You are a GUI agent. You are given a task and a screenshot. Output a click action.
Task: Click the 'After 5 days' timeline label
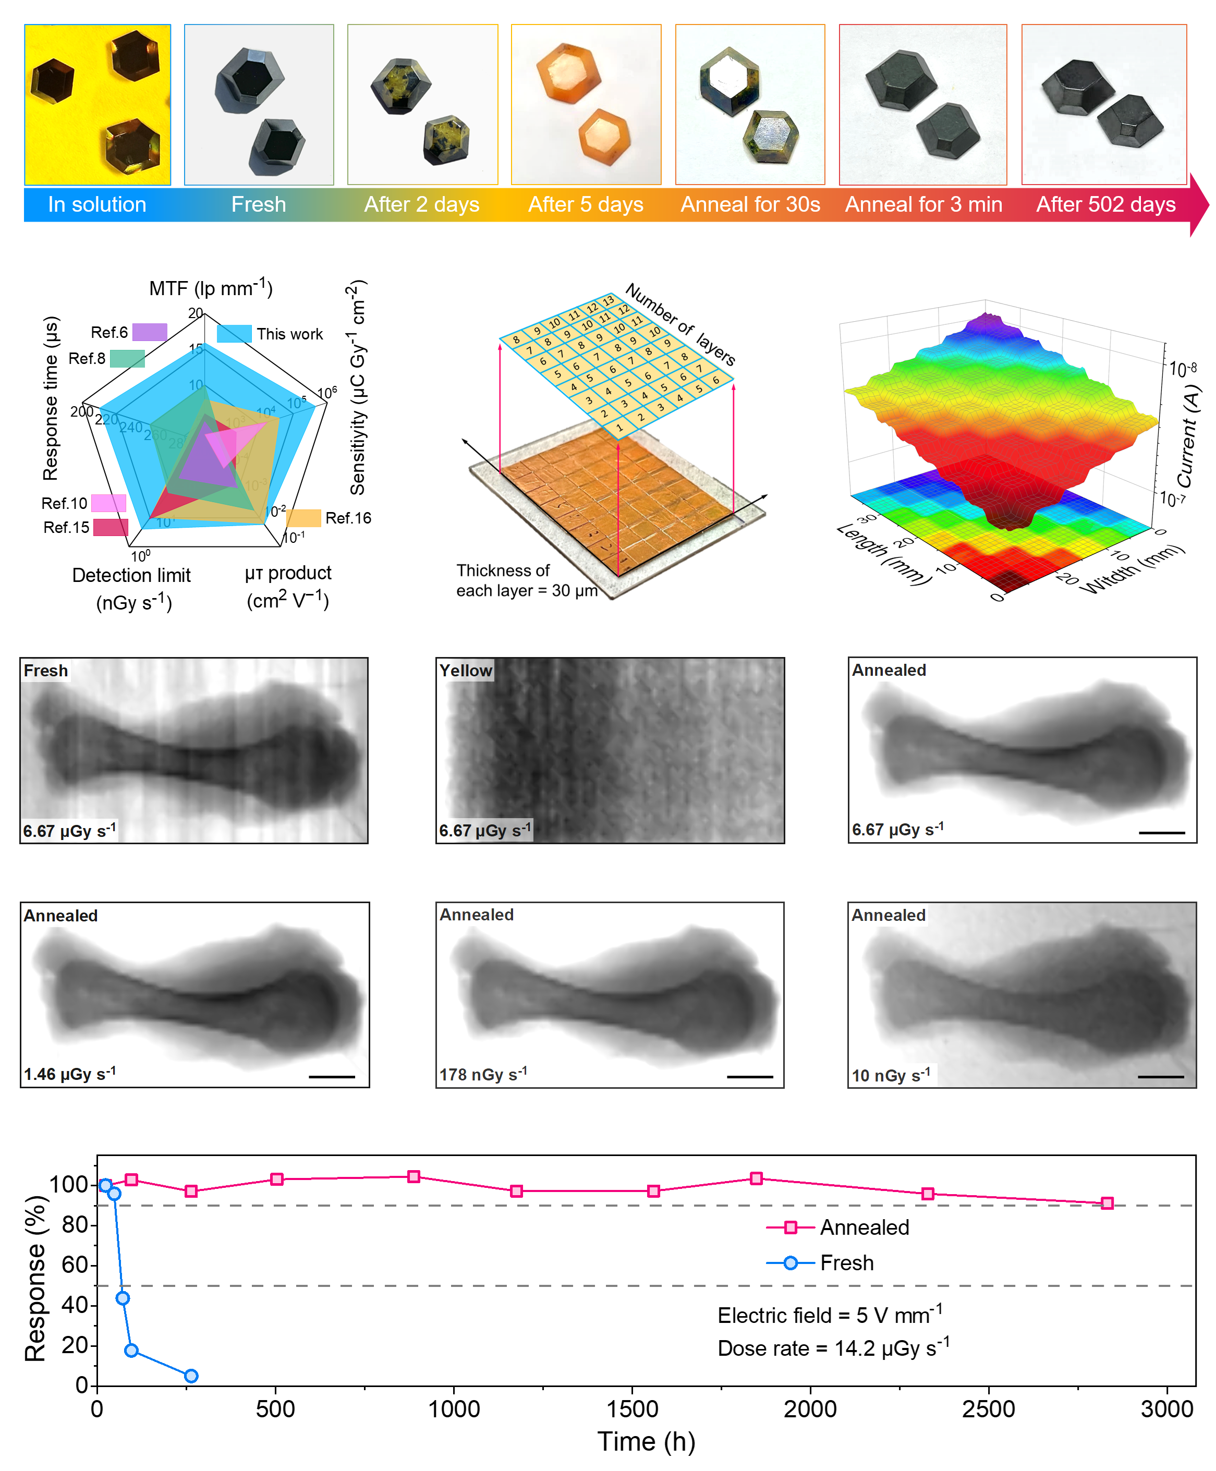[x=586, y=204]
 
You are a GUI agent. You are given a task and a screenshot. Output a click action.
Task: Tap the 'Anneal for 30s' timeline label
[x=750, y=204]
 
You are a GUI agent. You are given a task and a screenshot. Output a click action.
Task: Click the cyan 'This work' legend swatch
[x=234, y=334]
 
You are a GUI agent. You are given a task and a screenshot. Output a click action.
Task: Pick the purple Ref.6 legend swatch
[x=149, y=332]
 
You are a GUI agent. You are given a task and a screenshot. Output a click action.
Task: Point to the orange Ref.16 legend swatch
[x=303, y=518]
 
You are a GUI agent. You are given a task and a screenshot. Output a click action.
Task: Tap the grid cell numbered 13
[x=608, y=300]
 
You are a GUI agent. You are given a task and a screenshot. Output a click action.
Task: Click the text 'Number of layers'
[x=680, y=324]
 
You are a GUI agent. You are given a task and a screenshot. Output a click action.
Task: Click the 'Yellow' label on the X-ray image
[x=466, y=671]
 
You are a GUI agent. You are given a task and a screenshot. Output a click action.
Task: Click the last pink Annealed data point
[x=1106, y=1203]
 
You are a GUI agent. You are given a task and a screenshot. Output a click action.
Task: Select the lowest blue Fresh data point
[x=191, y=1376]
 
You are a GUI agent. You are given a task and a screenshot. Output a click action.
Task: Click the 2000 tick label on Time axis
[x=810, y=1409]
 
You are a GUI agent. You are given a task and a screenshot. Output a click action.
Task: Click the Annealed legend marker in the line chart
[x=790, y=1227]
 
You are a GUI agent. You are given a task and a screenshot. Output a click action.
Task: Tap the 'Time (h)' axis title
[x=646, y=1442]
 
